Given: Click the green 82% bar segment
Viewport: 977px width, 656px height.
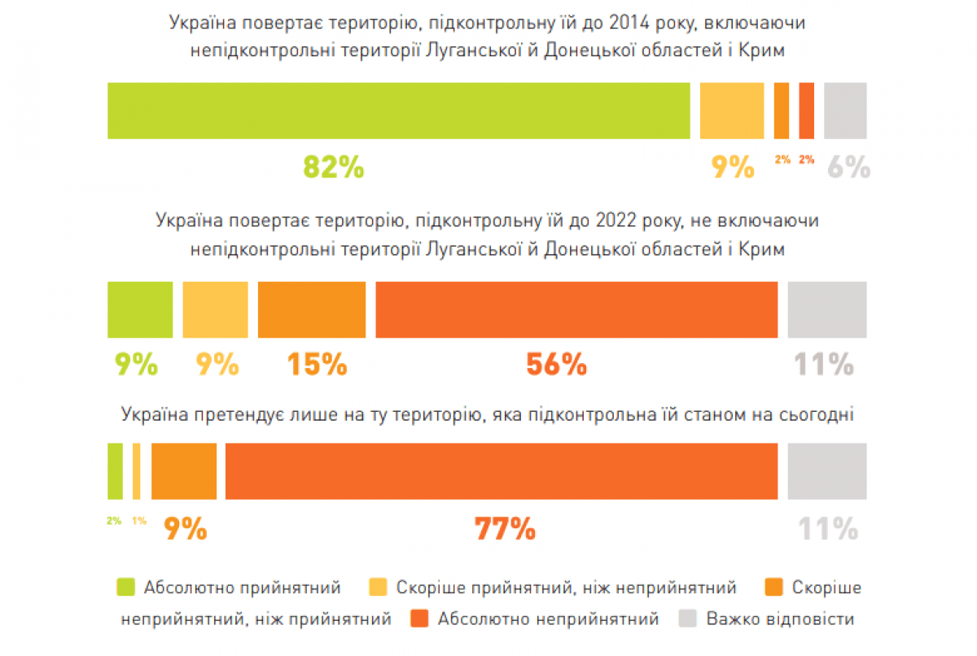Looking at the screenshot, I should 399,111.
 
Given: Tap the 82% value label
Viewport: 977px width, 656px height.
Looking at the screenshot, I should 333,167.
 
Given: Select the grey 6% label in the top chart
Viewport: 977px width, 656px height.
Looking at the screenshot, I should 849,168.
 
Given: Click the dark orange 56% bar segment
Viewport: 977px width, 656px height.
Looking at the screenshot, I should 576,309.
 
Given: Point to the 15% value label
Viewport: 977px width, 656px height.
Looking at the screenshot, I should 317,364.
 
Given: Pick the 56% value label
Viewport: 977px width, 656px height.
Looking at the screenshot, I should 556,364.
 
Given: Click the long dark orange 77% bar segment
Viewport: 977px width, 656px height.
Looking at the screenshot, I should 501,471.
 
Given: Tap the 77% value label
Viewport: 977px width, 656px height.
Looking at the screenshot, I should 505,529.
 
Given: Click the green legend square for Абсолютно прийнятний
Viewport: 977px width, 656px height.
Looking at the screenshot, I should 126,587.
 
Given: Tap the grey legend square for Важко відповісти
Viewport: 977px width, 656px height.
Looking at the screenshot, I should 688,619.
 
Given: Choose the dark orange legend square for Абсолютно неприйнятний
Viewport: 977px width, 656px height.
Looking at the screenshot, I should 419,619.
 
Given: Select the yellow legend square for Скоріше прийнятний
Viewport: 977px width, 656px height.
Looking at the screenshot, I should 378,587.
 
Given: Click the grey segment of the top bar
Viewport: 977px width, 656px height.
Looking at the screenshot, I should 845,111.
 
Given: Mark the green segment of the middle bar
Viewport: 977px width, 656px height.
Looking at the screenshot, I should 140,309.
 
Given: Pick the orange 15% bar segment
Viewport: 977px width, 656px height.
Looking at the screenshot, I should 312,309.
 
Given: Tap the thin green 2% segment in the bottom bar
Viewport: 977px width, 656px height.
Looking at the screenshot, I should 115,471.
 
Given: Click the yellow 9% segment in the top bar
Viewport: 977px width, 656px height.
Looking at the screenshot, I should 732,111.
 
